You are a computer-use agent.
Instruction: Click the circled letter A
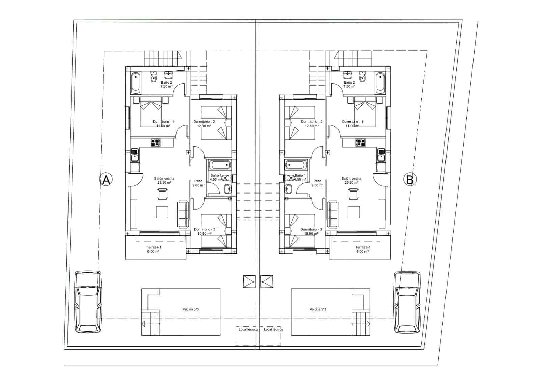point(106,180)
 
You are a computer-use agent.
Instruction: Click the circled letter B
point(410,180)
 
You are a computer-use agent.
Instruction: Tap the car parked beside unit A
point(88,302)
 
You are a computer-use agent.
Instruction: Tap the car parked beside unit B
point(408,302)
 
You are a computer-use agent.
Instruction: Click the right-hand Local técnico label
point(273,329)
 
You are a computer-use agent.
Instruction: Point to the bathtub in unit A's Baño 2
point(136,82)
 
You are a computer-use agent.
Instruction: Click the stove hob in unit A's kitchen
point(155,143)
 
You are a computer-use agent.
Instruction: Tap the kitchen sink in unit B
point(381,155)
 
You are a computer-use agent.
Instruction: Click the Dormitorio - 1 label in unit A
point(163,122)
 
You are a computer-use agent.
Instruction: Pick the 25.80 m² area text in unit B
point(351,182)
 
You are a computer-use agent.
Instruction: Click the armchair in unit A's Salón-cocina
point(162,194)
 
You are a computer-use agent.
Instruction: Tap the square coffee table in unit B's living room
point(354,212)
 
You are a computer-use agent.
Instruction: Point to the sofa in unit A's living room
point(183,214)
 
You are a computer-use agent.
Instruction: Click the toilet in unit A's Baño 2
point(154,77)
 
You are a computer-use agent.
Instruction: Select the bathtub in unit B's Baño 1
point(296,165)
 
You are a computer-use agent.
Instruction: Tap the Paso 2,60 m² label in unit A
point(198,183)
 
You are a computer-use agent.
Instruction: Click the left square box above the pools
point(249,281)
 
